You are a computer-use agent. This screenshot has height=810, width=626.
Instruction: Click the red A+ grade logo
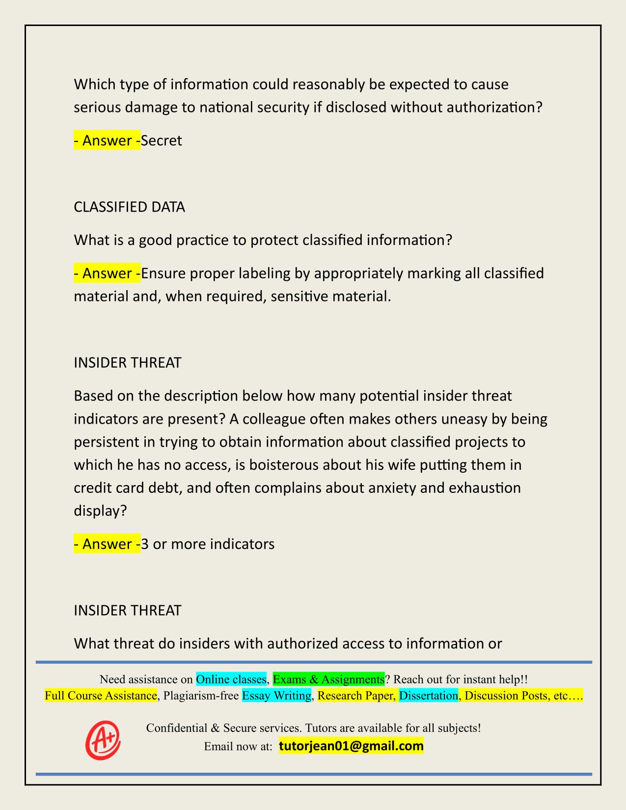tap(103, 740)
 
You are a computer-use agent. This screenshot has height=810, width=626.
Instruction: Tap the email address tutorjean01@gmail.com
tap(351, 746)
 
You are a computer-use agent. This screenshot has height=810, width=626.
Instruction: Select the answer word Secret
tap(162, 140)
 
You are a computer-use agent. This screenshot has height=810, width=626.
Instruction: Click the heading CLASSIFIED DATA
tap(129, 207)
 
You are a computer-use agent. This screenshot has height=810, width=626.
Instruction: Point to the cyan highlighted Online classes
tap(231, 679)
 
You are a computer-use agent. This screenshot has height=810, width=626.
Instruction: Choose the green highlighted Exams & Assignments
tap(328, 679)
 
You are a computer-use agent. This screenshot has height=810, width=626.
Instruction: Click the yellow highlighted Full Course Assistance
tap(101, 696)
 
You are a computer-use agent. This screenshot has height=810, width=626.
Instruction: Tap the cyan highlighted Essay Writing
tap(276, 696)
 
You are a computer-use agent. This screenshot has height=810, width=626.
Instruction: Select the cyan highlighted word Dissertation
tap(428, 696)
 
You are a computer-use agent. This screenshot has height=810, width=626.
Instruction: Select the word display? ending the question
tap(100, 511)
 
